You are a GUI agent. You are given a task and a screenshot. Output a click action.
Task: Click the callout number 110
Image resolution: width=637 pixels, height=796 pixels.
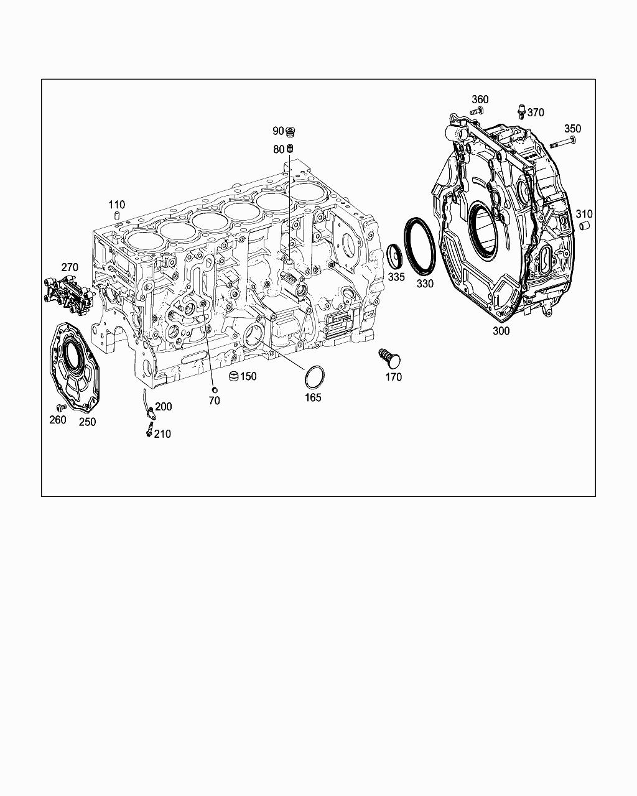tap(116, 205)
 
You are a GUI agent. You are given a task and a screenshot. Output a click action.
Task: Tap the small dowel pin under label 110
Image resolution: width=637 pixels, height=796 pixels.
tap(116, 216)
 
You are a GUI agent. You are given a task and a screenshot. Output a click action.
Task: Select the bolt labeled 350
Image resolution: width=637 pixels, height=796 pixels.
tap(562, 142)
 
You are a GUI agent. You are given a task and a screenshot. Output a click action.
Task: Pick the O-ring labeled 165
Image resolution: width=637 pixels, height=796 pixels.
tap(315, 377)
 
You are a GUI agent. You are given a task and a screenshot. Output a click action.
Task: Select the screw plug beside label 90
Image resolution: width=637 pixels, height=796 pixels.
tap(291, 131)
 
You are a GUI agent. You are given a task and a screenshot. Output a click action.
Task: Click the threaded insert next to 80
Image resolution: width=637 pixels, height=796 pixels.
tap(290, 149)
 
